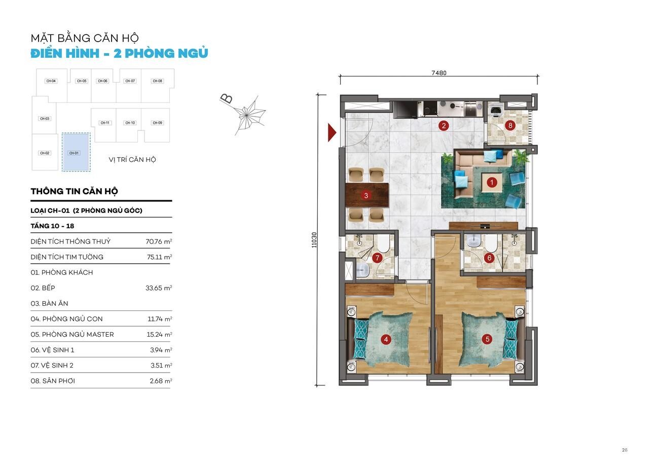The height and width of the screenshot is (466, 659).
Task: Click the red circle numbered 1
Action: [492, 183]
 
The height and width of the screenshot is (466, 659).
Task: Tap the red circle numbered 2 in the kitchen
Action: [444, 126]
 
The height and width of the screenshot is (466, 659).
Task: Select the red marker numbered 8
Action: [510, 126]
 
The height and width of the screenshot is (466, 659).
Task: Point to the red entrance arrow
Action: [332, 133]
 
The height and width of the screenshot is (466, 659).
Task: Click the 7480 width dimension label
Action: [438, 73]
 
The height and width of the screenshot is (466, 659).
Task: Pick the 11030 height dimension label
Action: [314, 240]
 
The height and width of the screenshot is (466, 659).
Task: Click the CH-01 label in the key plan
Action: [74, 153]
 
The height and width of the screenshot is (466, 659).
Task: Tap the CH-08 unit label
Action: [157, 81]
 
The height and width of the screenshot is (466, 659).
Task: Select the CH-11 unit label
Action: [105, 123]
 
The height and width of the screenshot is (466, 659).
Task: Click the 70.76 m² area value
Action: [159, 241]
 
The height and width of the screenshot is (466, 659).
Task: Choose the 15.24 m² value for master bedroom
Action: [159, 335]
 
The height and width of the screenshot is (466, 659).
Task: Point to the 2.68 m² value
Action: [161, 381]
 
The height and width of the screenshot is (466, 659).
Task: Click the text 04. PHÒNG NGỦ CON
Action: [66, 319]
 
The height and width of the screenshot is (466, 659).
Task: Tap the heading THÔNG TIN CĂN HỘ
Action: [74, 192]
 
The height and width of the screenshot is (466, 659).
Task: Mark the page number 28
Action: [625, 450]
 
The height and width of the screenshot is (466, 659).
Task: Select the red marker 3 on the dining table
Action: [366, 196]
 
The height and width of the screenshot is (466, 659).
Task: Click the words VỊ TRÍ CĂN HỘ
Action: [132, 160]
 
